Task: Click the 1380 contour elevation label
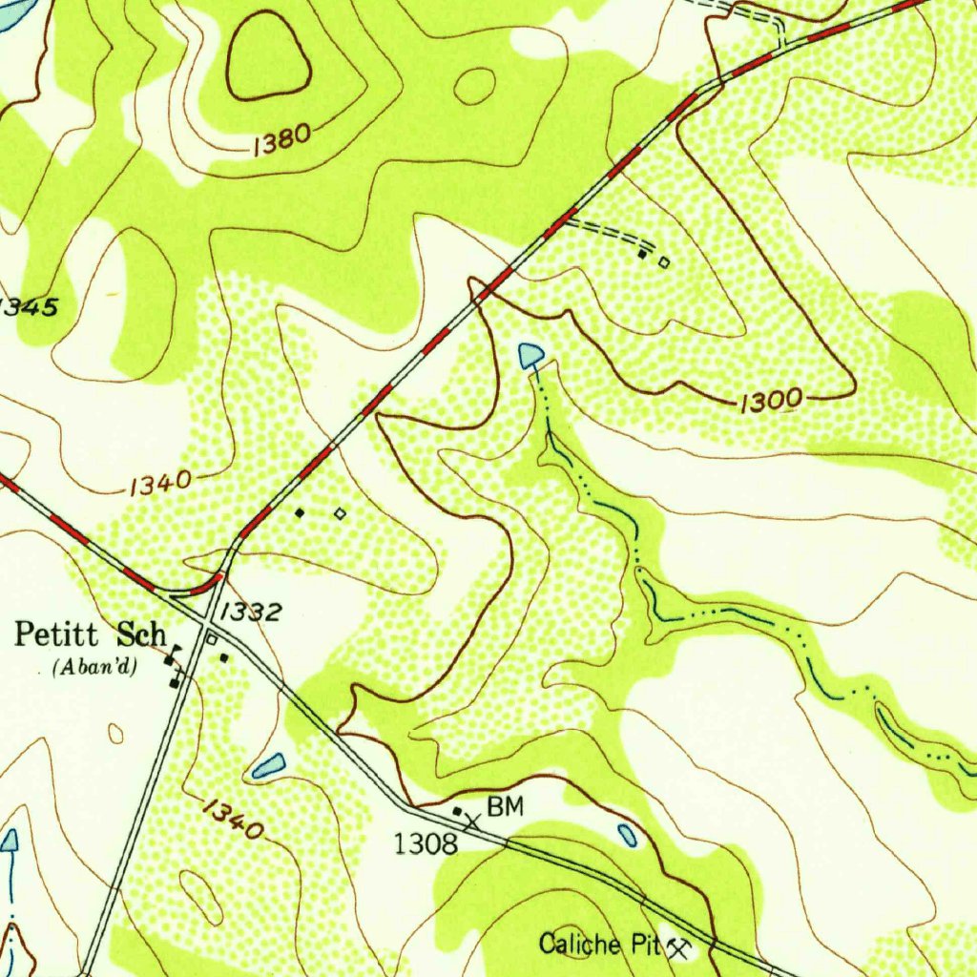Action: [x=282, y=140]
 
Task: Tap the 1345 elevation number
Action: [x=29, y=307]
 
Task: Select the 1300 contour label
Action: [x=769, y=402]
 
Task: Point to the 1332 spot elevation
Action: [x=251, y=612]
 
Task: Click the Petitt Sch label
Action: [x=92, y=634]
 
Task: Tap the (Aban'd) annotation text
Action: [x=94, y=666]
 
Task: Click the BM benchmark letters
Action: [x=506, y=807]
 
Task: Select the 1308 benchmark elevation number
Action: [x=426, y=842]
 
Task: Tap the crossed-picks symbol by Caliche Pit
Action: [x=679, y=947]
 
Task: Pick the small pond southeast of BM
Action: [x=627, y=835]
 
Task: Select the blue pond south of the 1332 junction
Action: [x=269, y=764]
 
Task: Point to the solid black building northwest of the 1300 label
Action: [x=643, y=255]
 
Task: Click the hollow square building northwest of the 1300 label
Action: [x=664, y=261]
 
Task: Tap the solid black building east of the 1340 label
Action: [x=300, y=512]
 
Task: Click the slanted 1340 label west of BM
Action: [x=232, y=820]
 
